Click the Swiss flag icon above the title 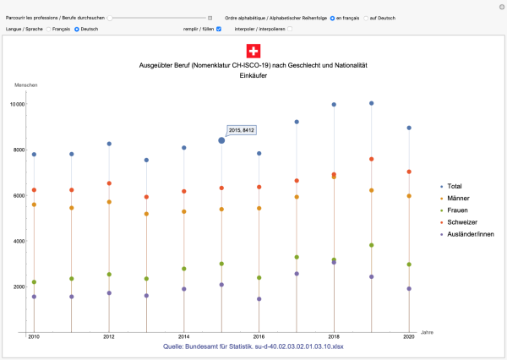tap(253, 51)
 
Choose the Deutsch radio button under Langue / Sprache tap(78, 29)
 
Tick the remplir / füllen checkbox tap(219, 29)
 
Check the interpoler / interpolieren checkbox tap(291, 29)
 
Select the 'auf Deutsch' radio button tap(368, 17)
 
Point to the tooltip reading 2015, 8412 tap(242, 130)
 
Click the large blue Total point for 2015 tap(221, 140)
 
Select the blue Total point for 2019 tap(371, 104)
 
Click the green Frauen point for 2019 tap(371, 245)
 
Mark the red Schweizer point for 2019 tap(371, 159)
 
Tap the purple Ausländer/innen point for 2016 tap(259, 299)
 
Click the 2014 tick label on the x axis tap(183, 336)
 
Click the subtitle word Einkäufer tap(253, 75)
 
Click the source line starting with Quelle tap(253, 346)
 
